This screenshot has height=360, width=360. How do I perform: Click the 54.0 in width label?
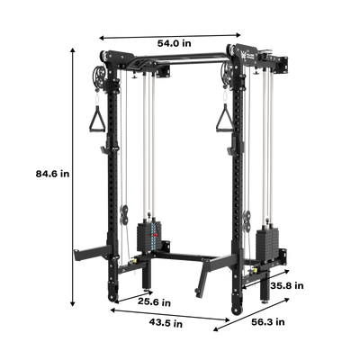click(175, 43)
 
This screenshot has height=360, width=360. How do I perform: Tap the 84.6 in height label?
click(52, 174)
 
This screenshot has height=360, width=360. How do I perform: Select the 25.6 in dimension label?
click(154, 302)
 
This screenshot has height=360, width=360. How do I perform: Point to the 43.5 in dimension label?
click(166, 323)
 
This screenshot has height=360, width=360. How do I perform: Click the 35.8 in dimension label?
click(287, 285)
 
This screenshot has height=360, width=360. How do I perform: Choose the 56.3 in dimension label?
click(268, 322)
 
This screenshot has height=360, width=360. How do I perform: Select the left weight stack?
click(149, 237)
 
